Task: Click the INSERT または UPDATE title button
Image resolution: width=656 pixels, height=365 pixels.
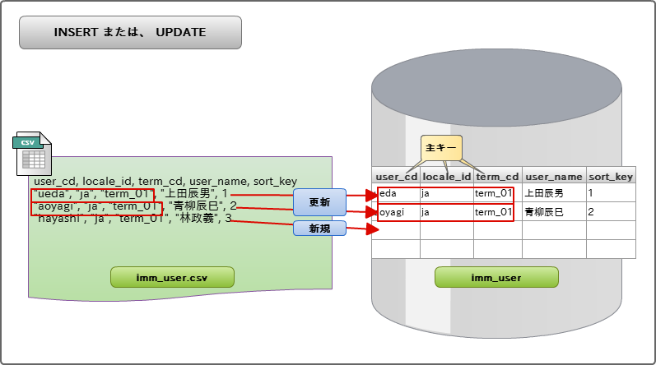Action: click(x=130, y=33)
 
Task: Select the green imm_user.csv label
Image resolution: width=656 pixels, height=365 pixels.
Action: click(x=172, y=277)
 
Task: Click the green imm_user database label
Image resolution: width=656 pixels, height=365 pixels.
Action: click(x=495, y=277)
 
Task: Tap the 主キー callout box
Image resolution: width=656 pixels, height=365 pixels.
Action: click(x=441, y=148)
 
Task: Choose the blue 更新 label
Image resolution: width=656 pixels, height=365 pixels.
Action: click(x=319, y=201)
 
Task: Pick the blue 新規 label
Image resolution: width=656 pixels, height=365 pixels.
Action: click(x=319, y=229)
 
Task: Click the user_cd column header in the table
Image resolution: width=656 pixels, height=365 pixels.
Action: click(x=396, y=176)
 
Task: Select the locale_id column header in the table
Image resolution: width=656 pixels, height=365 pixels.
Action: click(x=446, y=176)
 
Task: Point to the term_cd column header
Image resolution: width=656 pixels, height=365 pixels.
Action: click(x=497, y=176)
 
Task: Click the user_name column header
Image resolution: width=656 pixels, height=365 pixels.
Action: click(x=553, y=176)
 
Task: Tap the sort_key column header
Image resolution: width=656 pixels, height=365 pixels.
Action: click(x=610, y=176)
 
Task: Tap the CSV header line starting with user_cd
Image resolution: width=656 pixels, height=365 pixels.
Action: click(x=165, y=181)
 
